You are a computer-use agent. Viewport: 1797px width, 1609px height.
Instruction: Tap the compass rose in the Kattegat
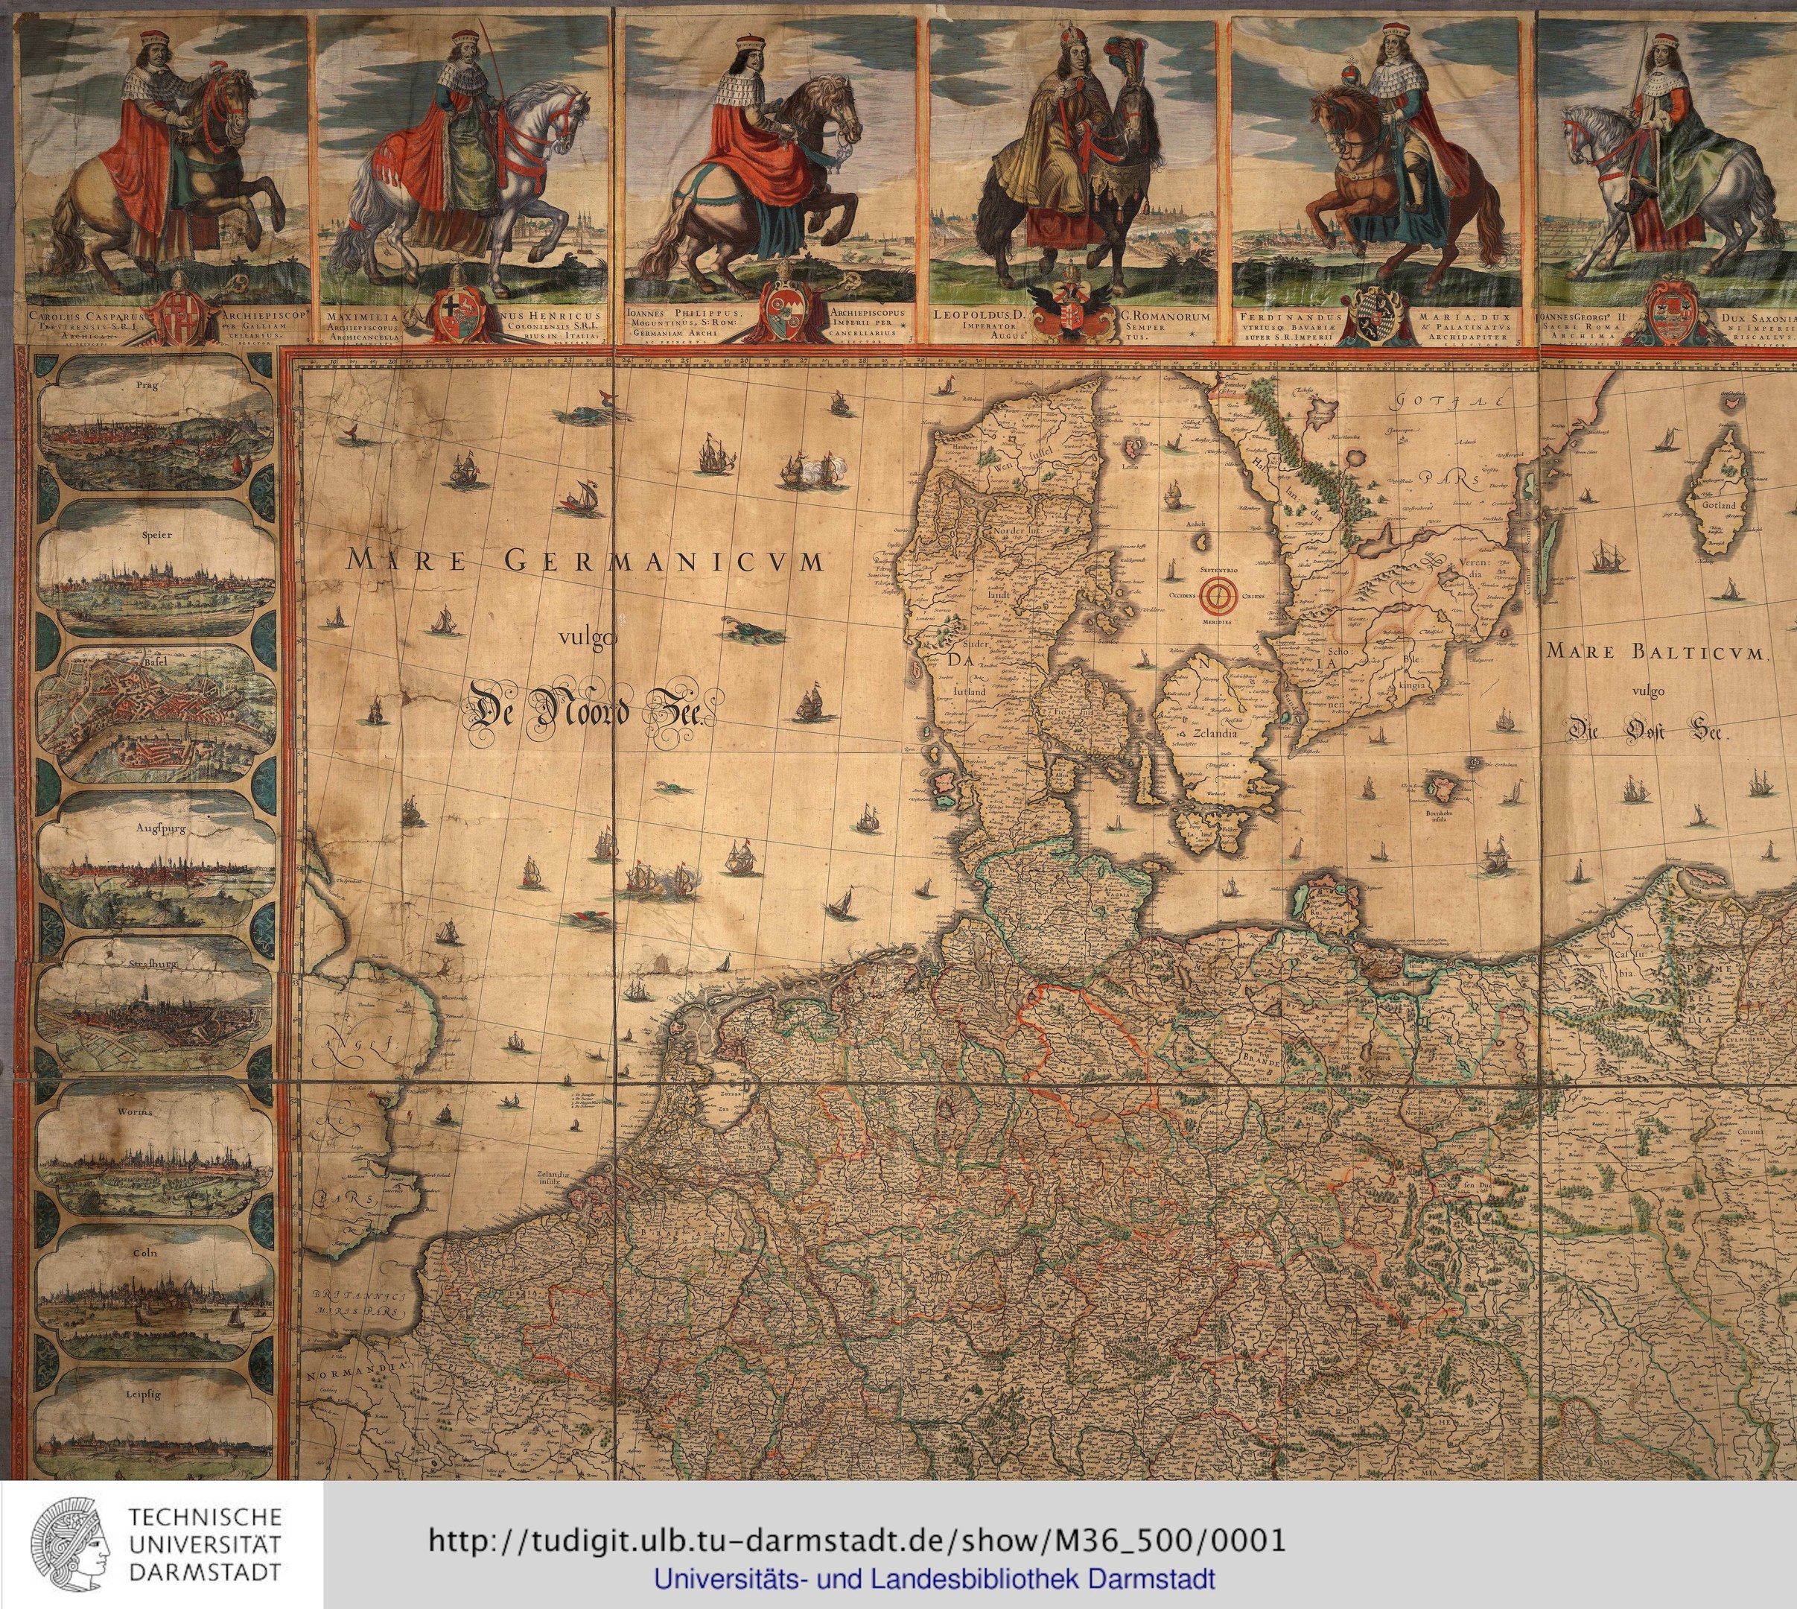[x=1219, y=597]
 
